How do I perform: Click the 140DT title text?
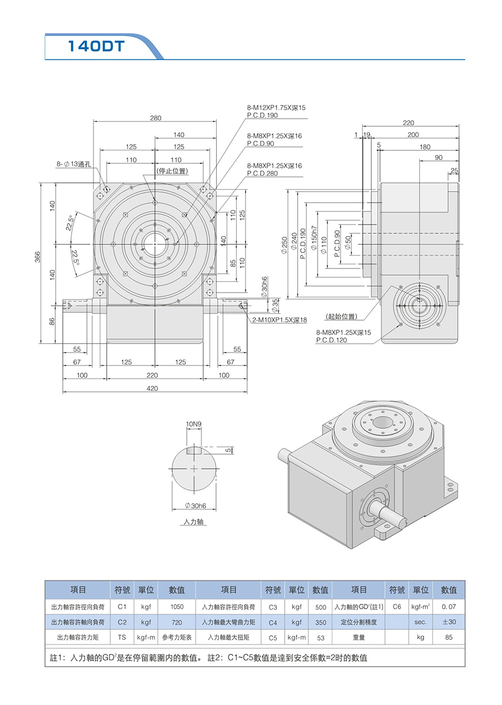96,47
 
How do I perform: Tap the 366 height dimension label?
37,256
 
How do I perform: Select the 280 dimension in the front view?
155,118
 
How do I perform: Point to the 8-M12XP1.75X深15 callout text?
276,108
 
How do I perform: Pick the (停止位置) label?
171,171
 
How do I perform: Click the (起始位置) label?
341,317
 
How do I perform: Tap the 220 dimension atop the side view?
409,123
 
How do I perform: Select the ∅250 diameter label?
285,242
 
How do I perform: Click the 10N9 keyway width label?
193,424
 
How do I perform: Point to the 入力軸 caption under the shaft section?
193,522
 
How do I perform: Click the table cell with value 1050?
177,606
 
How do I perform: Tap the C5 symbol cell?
272,637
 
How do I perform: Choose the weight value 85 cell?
449,637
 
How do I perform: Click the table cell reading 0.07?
449,606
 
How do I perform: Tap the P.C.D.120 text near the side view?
332,340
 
